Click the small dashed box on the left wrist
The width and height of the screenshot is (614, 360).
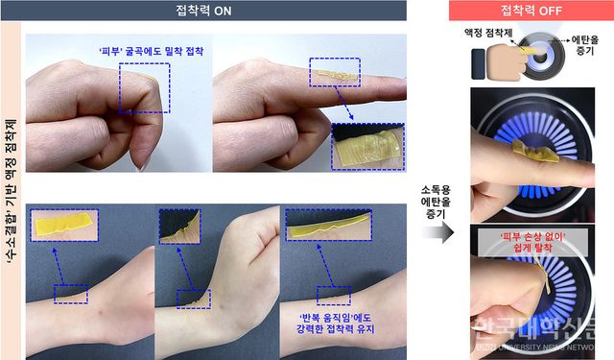pyautogui.click(x=71, y=293)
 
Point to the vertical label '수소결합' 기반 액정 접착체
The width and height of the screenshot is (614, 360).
pyautogui.click(x=11, y=192)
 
